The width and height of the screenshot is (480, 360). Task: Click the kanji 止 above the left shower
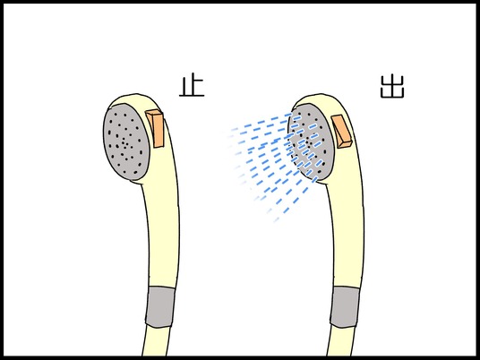click(192, 86)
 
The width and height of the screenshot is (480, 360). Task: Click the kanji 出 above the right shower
click(392, 87)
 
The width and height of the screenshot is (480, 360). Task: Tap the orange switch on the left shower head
click(155, 129)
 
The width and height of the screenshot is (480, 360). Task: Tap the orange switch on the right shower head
click(342, 132)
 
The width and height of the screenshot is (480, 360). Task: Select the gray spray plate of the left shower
click(126, 142)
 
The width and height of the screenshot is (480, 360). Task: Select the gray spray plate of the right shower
click(310, 141)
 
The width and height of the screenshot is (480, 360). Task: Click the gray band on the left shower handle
click(160, 307)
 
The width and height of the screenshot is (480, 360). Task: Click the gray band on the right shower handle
click(346, 307)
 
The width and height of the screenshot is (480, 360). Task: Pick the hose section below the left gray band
click(156, 340)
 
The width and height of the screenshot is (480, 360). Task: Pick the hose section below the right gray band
click(340, 340)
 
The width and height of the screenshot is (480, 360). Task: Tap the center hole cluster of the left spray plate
click(124, 143)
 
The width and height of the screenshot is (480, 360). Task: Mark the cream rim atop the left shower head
click(134, 99)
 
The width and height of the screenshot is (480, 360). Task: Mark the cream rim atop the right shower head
click(320, 99)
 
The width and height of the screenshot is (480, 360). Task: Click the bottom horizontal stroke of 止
click(192, 96)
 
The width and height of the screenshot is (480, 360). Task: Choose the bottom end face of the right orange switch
click(346, 144)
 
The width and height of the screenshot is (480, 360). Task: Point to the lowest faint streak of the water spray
click(277, 219)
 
